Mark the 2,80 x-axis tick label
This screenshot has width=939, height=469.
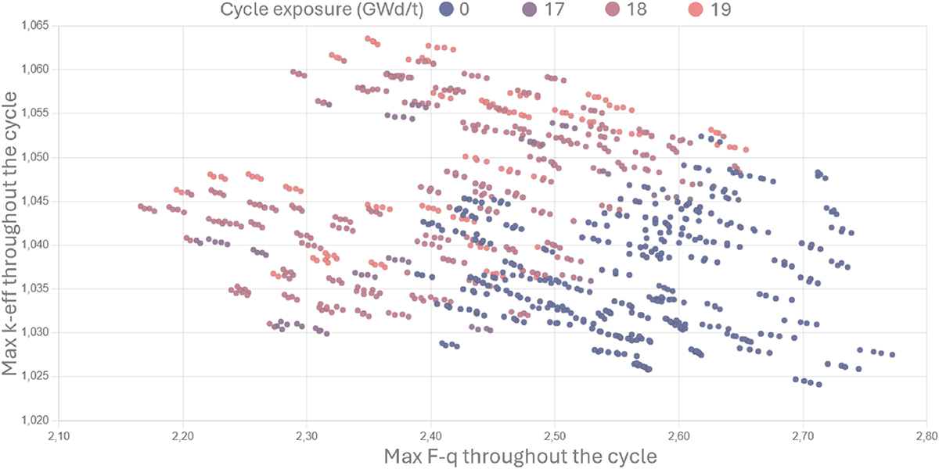pos(926,435)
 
